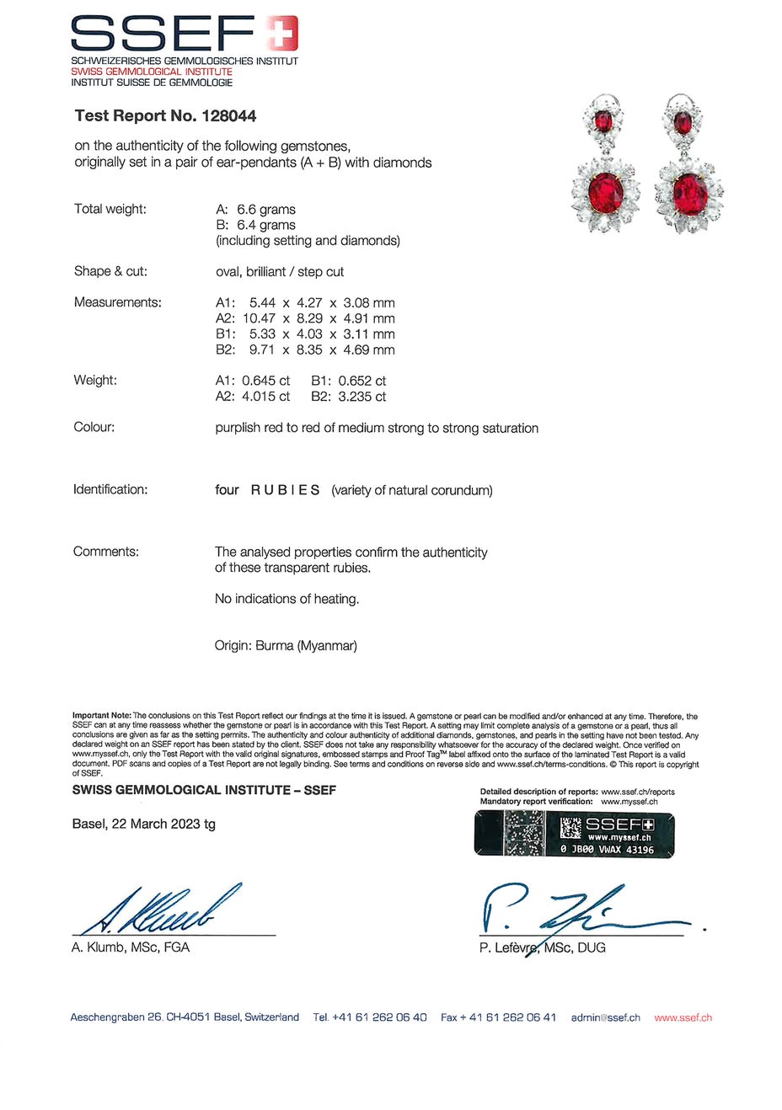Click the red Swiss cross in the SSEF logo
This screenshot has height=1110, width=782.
(283, 35)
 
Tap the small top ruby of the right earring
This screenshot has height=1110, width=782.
(683, 124)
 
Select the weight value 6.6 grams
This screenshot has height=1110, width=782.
(266, 210)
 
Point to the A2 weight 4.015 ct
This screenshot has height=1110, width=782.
(265, 397)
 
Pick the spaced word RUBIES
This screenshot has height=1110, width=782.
(285, 490)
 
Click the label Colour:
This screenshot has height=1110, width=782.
(94, 428)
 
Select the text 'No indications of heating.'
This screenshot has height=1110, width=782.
(287, 599)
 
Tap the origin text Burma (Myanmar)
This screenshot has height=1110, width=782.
(306, 646)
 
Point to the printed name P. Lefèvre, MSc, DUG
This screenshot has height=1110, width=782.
(542, 947)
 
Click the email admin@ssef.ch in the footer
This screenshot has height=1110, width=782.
(605, 1017)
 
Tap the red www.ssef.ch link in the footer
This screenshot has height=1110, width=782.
(683, 1017)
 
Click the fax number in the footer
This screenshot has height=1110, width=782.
(498, 1017)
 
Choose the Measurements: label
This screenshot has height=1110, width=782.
(118, 302)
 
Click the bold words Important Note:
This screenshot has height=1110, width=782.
(102, 716)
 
